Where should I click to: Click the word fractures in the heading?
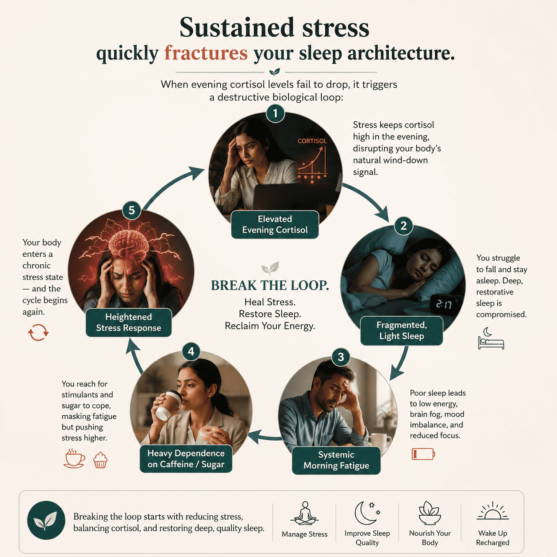[206, 53]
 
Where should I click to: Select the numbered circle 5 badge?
[131, 210]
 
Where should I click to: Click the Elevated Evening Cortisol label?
[275, 224]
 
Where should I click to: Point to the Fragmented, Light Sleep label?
[402, 330]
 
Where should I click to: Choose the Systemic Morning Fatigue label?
[336, 460]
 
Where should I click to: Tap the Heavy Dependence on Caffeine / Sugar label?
[186, 459]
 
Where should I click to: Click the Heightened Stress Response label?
[129, 322]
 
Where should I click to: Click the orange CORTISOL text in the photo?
[312, 141]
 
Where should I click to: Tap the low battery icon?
[423, 454]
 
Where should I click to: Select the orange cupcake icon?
[100, 460]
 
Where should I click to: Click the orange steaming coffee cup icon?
[74, 458]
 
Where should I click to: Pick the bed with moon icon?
[491, 338]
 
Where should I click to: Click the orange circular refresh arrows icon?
[38, 332]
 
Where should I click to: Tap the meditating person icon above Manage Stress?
[305, 513]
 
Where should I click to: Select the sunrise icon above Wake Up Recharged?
[493, 512]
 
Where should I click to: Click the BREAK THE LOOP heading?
[270, 286]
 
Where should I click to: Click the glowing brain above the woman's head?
[129, 241]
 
